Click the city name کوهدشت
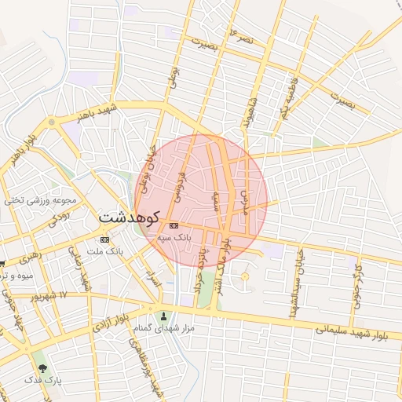pos(129,216)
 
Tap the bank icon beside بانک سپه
pos(173,225)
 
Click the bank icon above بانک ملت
pos(105,239)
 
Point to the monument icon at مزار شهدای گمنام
pos(163,316)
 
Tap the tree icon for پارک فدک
pos(42,367)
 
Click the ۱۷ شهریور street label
pos(52,297)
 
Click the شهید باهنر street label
pos(96,112)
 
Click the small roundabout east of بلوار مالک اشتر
pos(244,276)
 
